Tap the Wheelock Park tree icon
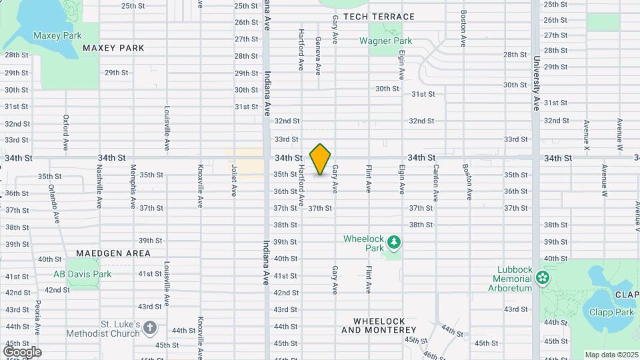(x=393, y=243)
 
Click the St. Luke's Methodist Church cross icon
(x=150, y=327)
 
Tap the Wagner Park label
(x=385, y=41)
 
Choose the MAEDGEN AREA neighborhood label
(x=113, y=253)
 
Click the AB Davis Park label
(x=83, y=274)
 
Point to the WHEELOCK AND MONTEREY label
(x=379, y=325)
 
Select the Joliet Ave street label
(x=234, y=181)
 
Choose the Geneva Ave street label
(x=318, y=54)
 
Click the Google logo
(x=22, y=351)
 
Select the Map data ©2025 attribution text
(x=610, y=355)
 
